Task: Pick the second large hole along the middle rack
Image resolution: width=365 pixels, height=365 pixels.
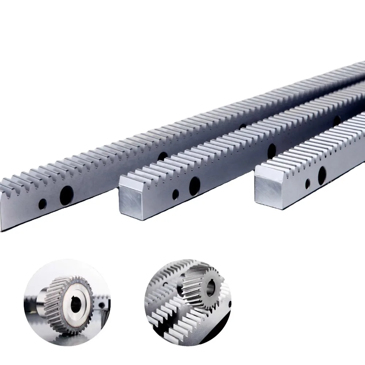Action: click(x=272, y=149)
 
